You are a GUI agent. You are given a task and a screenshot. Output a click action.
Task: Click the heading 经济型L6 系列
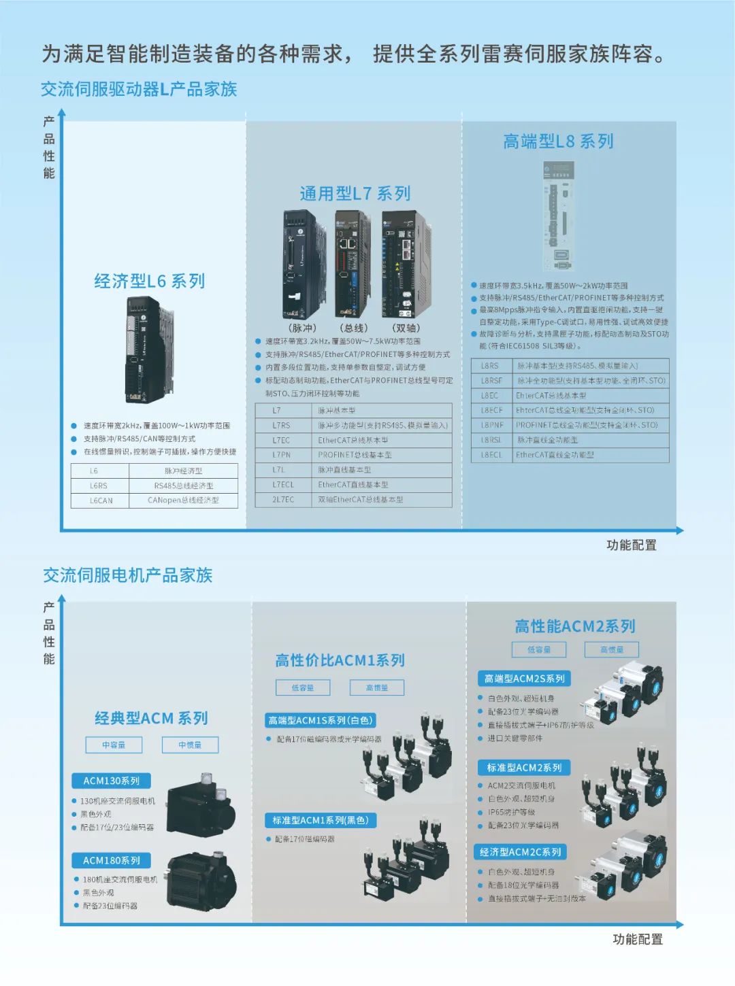coord(150,281)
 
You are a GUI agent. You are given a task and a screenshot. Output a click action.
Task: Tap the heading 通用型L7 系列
coord(355,194)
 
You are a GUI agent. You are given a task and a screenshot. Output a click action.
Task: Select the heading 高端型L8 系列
coord(558,141)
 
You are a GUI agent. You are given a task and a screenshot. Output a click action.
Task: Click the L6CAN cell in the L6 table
coord(101,500)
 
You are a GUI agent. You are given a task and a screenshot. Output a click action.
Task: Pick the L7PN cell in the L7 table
coord(282,455)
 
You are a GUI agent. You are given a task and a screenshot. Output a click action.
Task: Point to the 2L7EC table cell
coord(283,500)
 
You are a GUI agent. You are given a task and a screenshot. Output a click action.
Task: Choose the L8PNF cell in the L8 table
coord(492,425)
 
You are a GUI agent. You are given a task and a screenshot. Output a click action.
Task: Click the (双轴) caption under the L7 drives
coord(406,328)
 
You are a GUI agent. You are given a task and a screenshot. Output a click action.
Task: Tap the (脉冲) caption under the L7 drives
coord(302,328)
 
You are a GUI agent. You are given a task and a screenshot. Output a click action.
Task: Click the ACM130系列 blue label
coord(112,781)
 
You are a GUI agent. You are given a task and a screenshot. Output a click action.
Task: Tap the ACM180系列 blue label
coord(112,860)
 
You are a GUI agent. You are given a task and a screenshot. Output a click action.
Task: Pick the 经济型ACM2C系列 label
coord(521,852)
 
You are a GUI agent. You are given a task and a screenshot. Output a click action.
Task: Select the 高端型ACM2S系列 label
coord(524,679)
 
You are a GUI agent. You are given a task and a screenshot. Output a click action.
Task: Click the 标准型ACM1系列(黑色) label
coord(321,820)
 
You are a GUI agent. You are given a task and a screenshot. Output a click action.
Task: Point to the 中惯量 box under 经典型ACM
coord(191,745)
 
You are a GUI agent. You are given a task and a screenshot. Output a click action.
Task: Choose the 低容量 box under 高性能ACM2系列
coord(539,649)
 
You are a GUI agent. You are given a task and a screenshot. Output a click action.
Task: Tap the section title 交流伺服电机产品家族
coord(128,575)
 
